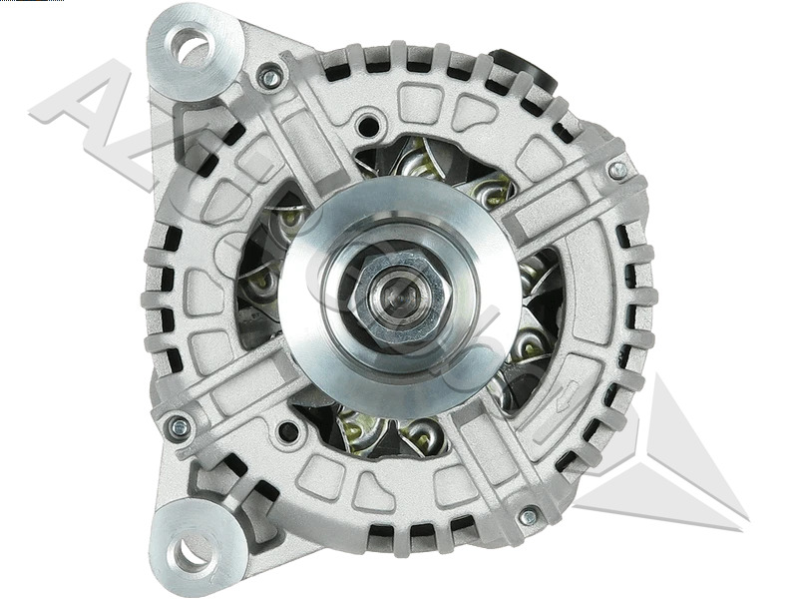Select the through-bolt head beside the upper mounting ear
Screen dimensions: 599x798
click(269, 75)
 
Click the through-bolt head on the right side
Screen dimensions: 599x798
click(618, 170)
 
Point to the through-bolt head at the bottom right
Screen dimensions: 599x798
click(529, 516)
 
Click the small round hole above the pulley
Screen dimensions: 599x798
click(369, 127)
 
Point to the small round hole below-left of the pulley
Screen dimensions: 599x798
click(288, 431)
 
